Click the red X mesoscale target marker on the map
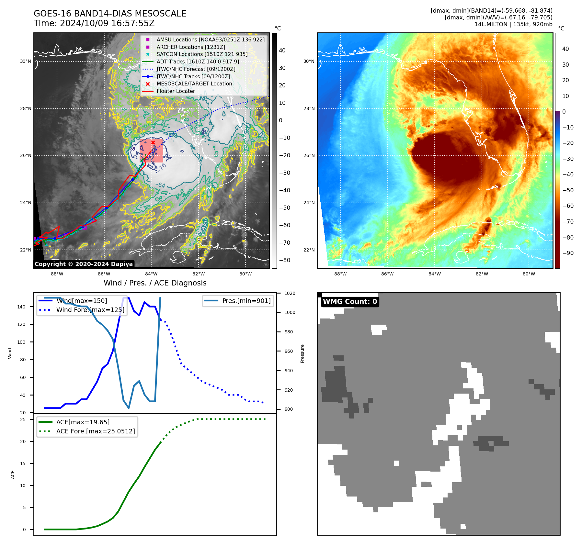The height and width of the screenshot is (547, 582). pos(153,142)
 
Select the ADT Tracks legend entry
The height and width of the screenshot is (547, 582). pos(198,61)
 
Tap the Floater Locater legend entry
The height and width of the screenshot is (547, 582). pos(176,91)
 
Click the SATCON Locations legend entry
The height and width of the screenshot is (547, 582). pos(202,54)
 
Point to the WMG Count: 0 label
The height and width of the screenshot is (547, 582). pos(350,302)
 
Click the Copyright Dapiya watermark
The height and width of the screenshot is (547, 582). pos(84,264)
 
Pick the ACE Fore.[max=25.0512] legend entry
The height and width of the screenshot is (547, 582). pos(95,431)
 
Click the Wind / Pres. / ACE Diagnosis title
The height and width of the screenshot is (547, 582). pos(155,283)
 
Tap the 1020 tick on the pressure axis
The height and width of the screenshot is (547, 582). pos(290,294)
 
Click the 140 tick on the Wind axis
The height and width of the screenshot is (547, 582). pos(21,307)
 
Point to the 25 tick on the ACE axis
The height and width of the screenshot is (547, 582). pos(23,420)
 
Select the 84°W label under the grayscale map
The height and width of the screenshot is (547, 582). pos(151,274)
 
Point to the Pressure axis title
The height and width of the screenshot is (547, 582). pos(302,353)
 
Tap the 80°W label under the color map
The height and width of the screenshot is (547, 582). pos(529,274)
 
